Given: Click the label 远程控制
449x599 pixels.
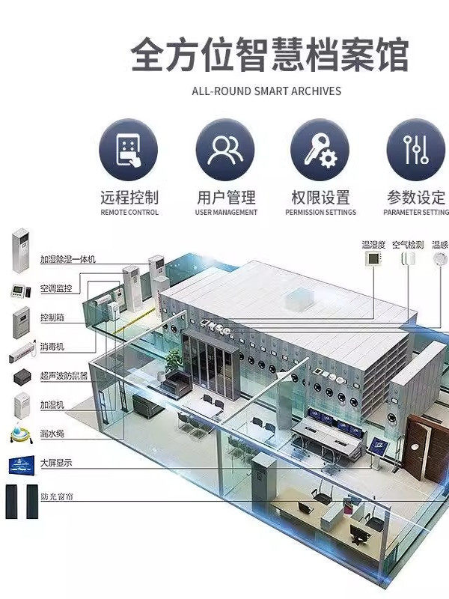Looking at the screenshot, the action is pos(129,198).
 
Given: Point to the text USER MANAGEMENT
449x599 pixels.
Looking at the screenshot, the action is pos(225,213).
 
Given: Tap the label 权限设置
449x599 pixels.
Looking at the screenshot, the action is pos(320,198).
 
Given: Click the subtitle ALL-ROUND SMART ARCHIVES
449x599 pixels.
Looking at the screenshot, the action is pos(266,91).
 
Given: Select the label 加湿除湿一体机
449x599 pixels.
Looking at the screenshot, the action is pos(68,260).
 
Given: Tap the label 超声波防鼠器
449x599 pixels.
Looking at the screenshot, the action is pos(64,375).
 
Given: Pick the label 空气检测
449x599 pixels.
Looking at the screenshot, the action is pos(408,245).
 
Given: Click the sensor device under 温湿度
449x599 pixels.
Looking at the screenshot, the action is pos(372,260).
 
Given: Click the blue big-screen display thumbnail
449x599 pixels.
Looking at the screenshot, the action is pos(21,464).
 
